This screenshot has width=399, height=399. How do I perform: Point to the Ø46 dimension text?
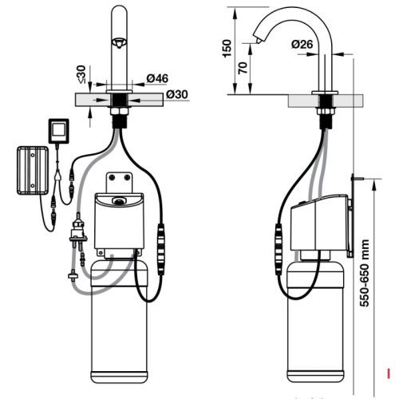click(156, 79)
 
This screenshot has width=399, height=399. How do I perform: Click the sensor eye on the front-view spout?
click(119, 42)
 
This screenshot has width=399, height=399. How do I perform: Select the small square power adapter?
click(59, 130)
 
